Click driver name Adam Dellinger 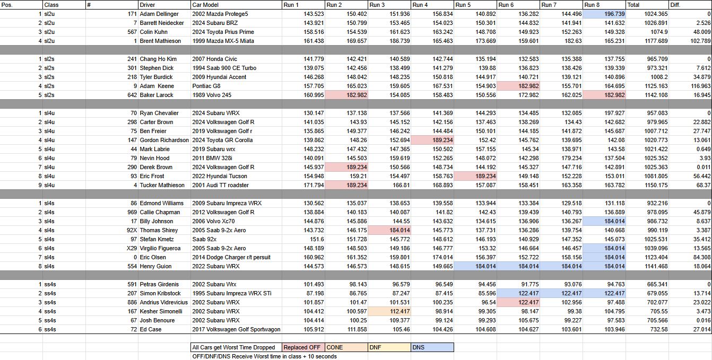tap(159, 14)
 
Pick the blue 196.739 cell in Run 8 tap(604, 14)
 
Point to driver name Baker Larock tap(158, 95)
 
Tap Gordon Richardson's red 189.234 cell tap(432, 140)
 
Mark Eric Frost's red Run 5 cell tap(475, 176)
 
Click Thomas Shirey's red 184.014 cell tap(389, 230)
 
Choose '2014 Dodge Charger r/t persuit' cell tap(231, 257)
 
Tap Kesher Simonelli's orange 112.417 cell tap(389, 311)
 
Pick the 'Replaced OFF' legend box tap(302, 347)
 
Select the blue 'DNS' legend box tap(432, 347)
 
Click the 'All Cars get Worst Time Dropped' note tap(234, 347)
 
